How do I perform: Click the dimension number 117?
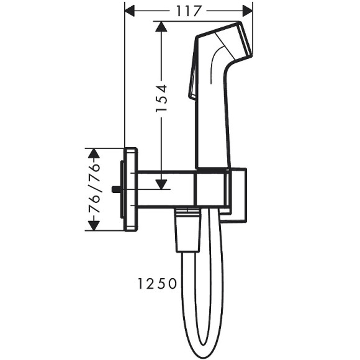(x=189, y=11)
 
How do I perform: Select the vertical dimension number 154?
(x=161, y=98)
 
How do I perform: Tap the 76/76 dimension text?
(x=94, y=189)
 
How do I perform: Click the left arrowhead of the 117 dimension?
(x=131, y=11)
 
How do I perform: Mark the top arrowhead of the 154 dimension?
(x=161, y=27)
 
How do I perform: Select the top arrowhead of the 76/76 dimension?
(x=94, y=153)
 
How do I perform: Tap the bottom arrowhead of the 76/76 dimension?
(x=94, y=226)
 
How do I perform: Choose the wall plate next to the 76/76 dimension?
(x=131, y=189)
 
